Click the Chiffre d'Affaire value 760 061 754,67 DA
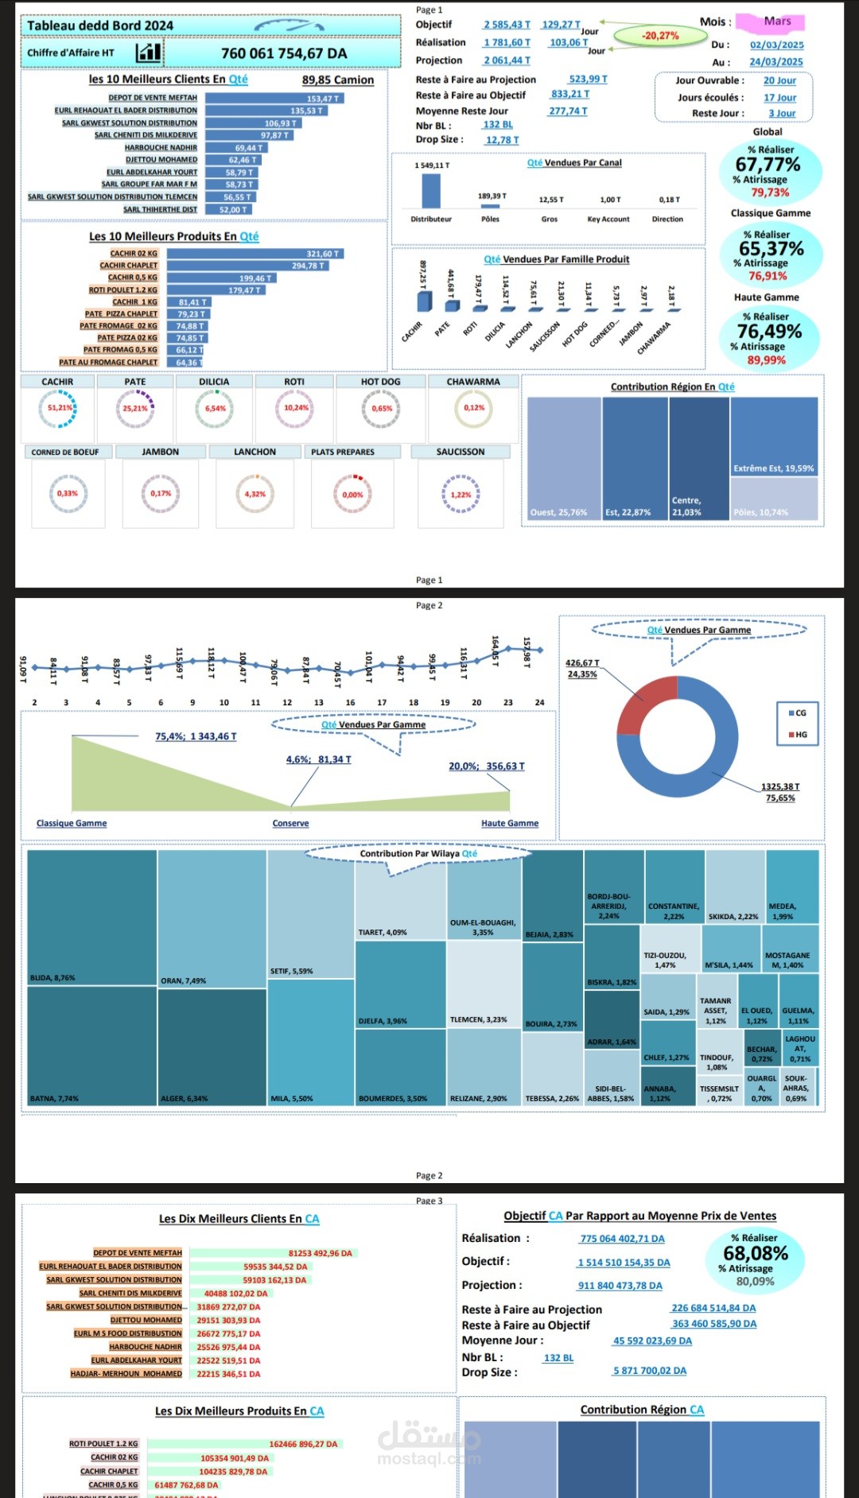(x=284, y=53)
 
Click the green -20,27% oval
(x=661, y=36)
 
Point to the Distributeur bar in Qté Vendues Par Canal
(x=431, y=191)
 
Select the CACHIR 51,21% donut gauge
(x=58, y=409)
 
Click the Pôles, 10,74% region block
(x=774, y=499)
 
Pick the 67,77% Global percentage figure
(x=768, y=165)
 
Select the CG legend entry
(x=797, y=713)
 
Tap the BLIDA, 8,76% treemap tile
(x=91, y=918)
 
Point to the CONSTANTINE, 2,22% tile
(x=674, y=887)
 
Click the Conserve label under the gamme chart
(x=290, y=824)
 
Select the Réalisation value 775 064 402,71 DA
(x=622, y=1239)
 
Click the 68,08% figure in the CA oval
(x=756, y=1253)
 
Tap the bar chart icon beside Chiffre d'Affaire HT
(x=148, y=53)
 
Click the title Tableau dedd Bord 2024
(x=100, y=25)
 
